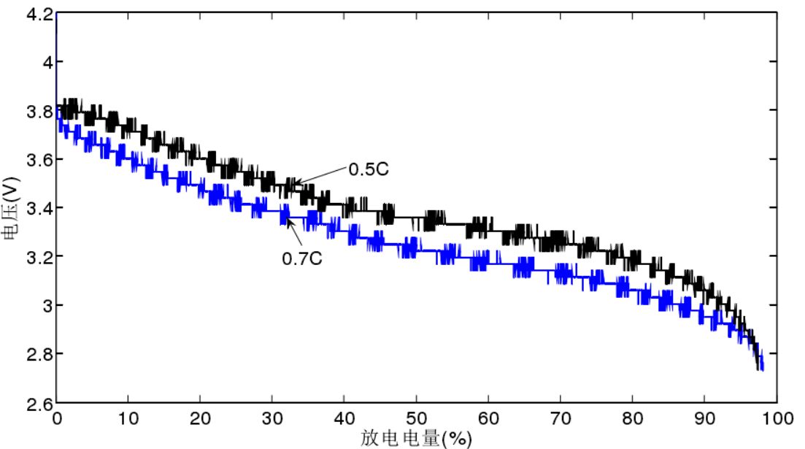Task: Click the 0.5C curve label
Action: point(368,169)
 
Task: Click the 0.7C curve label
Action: point(302,258)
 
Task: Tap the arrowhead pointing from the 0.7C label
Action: point(288,220)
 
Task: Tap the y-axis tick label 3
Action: point(46,305)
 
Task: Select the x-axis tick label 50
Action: point(416,420)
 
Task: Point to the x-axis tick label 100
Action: point(776,420)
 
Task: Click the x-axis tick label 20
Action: point(200,420)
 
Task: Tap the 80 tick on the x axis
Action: point(632,420)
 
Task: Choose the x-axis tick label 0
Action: point(56,420)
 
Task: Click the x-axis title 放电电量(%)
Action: point(416,438)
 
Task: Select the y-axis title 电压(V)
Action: point(10,209)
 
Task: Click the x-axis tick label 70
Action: point(560,420)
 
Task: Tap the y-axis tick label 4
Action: point(46,63)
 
